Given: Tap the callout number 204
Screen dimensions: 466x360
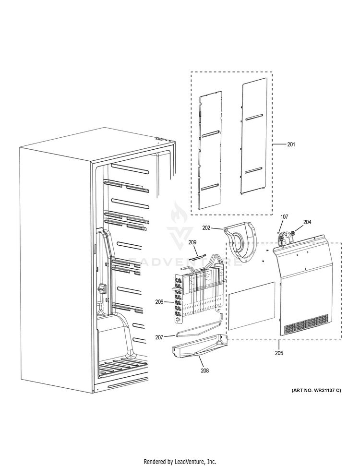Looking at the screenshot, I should pyautogui.click(x=307, y=222).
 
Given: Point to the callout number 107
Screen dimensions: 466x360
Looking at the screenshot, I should pyautogui.click(x=284, y=217).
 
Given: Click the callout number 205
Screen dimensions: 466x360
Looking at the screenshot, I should pyautogui.click(x=279, y=353).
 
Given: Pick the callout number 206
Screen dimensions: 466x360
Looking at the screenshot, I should pyautogui.click(x=159, y=302).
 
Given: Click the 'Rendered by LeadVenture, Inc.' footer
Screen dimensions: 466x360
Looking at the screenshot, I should pyautogui.click(x=180, y=461).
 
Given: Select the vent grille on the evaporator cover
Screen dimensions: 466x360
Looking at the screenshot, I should pyautogui.click(x=306, y=325).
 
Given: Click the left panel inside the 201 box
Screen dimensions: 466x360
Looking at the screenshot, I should pyautogui.click(x=210, y=151).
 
